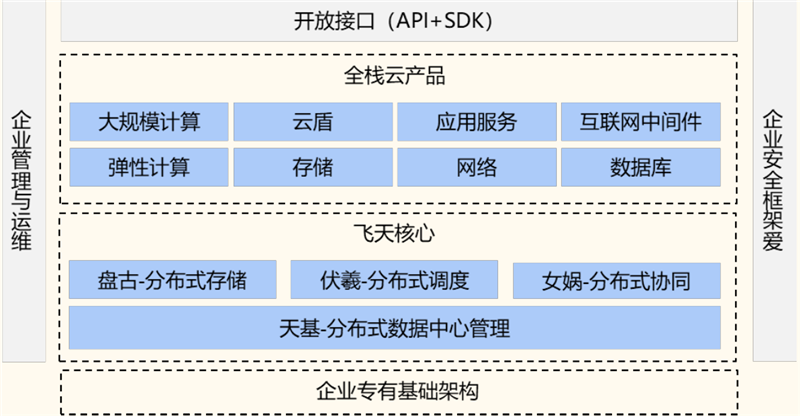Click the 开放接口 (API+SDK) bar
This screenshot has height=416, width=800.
click(x=400, y=20)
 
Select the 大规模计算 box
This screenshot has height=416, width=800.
click(x=149, y=122)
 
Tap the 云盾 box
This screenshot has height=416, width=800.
click(x=313, y=122)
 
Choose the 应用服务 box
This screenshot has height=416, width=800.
click(x=476, y=122)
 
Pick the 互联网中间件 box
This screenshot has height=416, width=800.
click(x=640, y=122)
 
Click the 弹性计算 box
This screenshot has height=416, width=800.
click(x=149, y=167)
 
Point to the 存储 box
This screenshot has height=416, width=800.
click(x=313, y=167)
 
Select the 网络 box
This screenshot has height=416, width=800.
click(x=476, y=167)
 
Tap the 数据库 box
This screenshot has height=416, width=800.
click(x=640, y=167)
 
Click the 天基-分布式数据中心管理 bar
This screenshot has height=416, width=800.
click(x=395, y=327)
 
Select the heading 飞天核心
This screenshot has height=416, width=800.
click(x=399, y=234)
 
